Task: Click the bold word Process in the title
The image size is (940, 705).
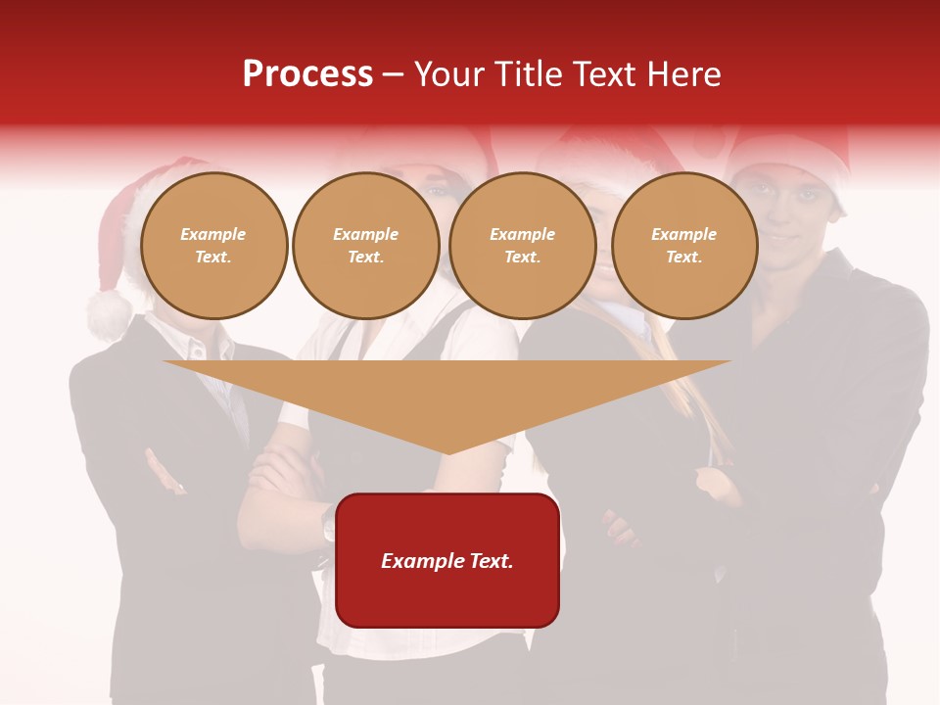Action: [307, 74]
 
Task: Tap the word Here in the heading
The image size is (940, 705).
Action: [682, 74]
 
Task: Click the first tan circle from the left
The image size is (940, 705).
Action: [213, 246]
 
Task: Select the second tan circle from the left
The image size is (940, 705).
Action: [365, 246]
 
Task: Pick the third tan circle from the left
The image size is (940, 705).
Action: [522, 246]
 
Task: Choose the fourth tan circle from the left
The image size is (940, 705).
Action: [684, 246]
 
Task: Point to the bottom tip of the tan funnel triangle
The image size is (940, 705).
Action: [448, 452]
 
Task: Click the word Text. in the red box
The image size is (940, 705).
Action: [492, 561]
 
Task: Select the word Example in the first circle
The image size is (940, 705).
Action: [213, 235]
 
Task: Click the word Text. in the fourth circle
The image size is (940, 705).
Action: [684, 258]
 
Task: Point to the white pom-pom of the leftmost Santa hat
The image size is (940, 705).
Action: [109, 314]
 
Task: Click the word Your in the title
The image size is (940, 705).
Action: [449, 74]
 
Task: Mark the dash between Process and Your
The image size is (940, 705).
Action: [394, 74]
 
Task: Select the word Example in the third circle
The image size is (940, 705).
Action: [522, 235]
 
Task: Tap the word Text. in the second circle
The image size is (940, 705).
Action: [365, 258]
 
